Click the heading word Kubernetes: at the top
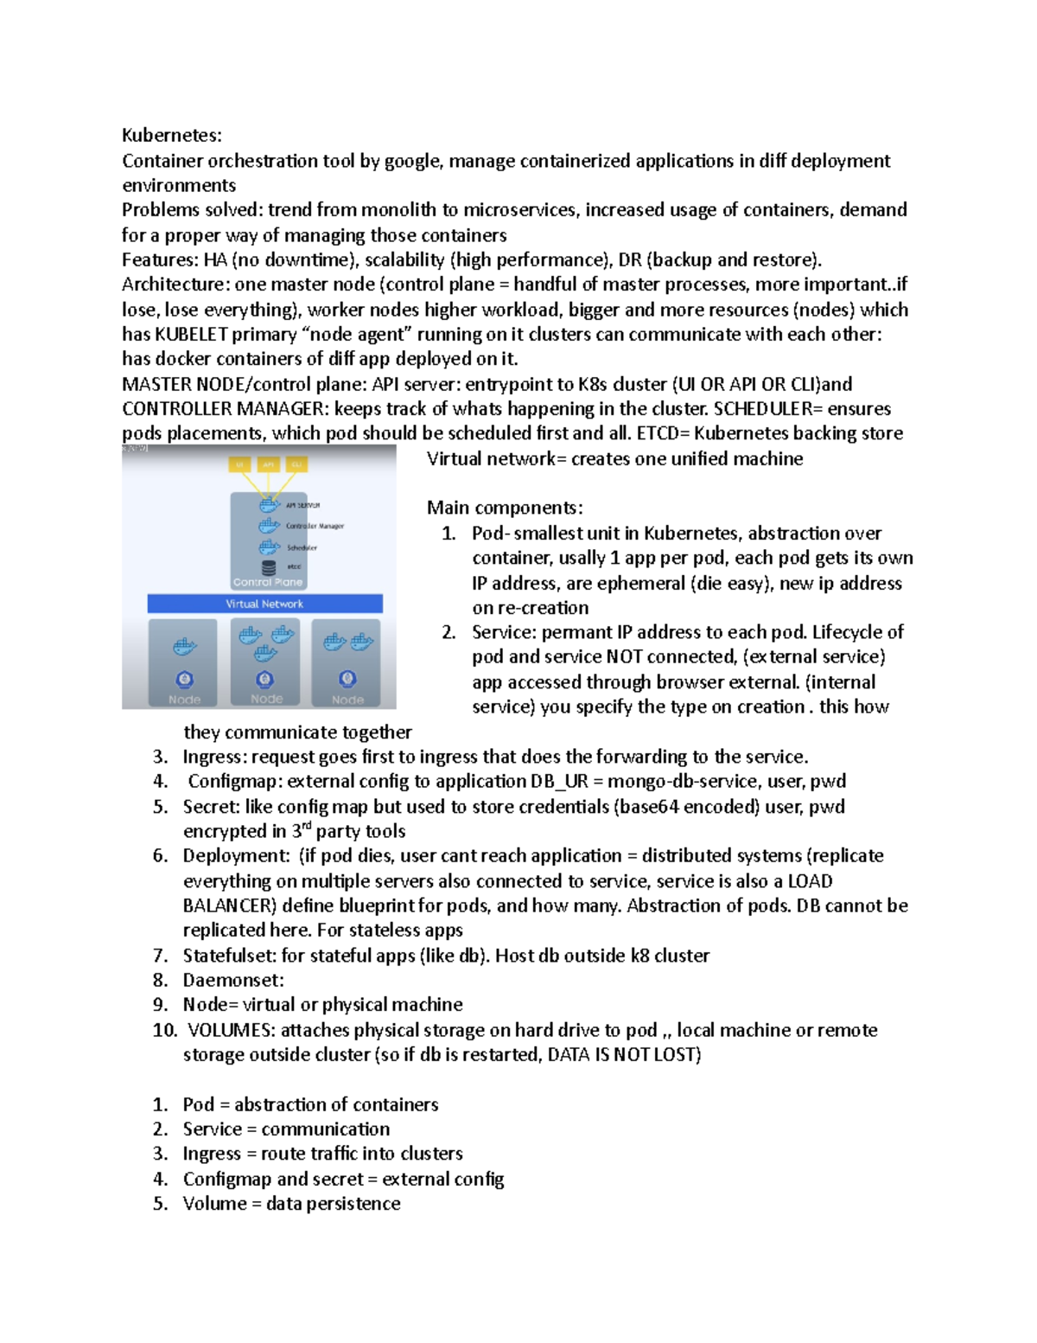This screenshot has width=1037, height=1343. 172,135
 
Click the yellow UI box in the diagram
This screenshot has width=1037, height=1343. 239,464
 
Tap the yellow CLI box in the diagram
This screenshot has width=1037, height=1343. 296,464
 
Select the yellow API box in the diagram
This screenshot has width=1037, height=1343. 268,464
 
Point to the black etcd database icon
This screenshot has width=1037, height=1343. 269,567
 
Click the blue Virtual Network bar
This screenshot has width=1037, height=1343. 264,604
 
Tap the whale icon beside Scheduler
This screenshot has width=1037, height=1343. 270,547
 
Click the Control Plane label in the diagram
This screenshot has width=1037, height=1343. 268,582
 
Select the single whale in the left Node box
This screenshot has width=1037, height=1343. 184,646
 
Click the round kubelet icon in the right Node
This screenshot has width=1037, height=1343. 347,678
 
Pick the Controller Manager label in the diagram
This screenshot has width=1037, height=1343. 315,526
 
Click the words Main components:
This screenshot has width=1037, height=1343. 505,508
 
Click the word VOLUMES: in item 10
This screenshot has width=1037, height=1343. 231,1030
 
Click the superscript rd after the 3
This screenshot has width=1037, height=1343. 307,826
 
